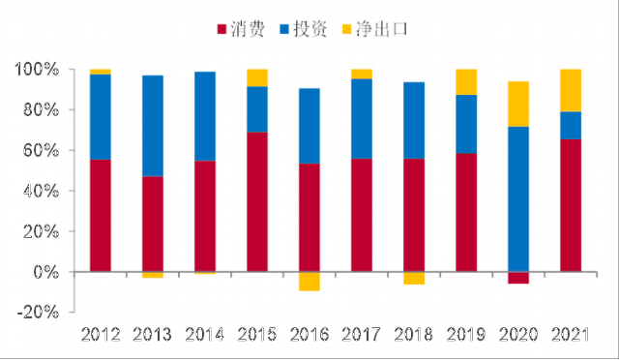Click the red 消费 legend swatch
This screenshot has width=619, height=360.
(x=221, y=29)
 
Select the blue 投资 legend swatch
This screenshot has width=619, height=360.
(x=284, y=29)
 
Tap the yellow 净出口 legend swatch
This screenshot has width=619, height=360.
(x=346, y=29)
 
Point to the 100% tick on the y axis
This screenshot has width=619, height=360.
(x=72, y=69)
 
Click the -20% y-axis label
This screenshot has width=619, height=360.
(x=39, y=313)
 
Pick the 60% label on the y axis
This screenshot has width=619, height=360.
(x=41, y=151)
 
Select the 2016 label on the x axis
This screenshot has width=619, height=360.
(x=309, y=335)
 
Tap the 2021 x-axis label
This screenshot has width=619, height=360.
(x=571, y=335)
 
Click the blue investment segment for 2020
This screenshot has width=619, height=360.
(x=518, y=199)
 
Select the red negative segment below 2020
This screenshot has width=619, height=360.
(x=518, y=278)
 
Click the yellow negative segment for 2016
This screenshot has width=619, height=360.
(x=309, y=282)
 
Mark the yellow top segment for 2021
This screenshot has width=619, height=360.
(x=571, y=91)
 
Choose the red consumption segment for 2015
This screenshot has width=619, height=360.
(x=257, y=202)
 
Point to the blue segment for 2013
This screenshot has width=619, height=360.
(x=153, y=126)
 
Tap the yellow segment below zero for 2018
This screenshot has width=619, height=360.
(x=414, y=278)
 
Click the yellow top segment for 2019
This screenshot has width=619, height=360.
(x=466, y=82)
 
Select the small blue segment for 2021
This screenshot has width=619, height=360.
(x=571, y=126)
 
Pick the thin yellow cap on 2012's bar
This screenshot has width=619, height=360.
(x=101, y=72)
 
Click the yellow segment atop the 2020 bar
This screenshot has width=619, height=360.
(x=518, y=105)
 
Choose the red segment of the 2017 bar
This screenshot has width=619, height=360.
(x=362, y=216)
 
